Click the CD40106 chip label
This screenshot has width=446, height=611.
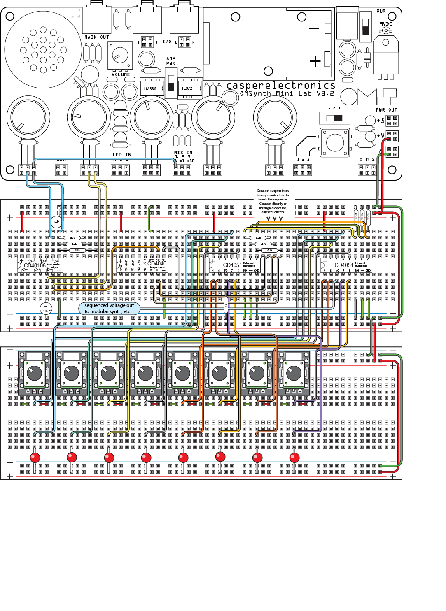[35, 265]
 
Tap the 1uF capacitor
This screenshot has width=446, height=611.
[56, 222]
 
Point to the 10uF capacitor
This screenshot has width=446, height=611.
[46, 309]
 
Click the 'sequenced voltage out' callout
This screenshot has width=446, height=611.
[109, 309]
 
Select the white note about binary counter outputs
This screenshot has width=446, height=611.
[273, 202]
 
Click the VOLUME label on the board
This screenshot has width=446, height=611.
[121, 74]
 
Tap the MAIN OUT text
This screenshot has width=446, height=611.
[97, 37]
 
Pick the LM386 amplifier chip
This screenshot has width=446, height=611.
[150, 88]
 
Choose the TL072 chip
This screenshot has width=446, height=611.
[187, 88]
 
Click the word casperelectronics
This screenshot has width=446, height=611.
[280, 85]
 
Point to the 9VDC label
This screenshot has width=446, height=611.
[386, 24]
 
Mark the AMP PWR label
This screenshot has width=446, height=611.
[170, 61]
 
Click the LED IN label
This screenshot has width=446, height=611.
[122, 155]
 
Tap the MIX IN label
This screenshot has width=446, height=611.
[183, 153]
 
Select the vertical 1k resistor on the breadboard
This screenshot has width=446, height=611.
[226, 304]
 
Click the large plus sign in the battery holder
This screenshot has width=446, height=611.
[315, 61]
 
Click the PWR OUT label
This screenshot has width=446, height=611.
[386, 110]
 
